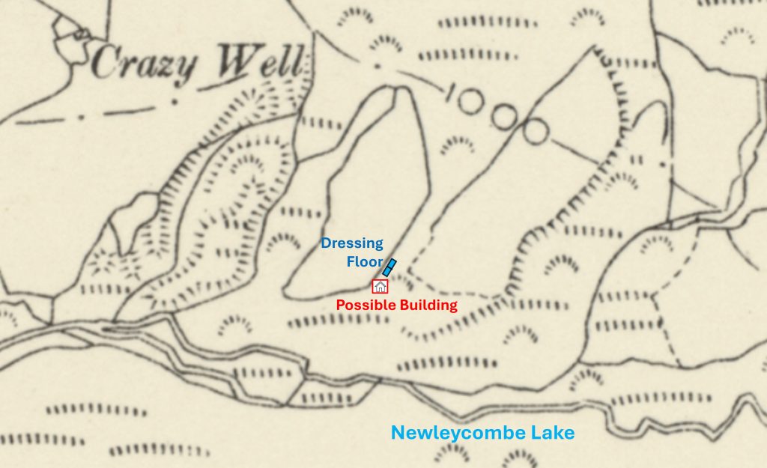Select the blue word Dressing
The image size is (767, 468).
[x=352, y=243]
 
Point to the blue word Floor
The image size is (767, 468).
[x=365, y=261]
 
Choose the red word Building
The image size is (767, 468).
[x=428, y=305]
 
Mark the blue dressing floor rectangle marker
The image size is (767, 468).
[x=389, y=267]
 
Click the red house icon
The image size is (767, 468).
[x=380, y=286]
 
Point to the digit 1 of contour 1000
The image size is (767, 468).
[x=451, y=93]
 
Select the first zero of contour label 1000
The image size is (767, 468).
[x=471, y=100]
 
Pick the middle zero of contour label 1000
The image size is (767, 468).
[x=503, y=115]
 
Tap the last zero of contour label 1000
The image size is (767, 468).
[x=536, y=131]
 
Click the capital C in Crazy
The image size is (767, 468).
[x=107, y=64]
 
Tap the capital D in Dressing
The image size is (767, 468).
[x=327, y=243]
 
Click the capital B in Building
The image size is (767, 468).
[x=404, y=305]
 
